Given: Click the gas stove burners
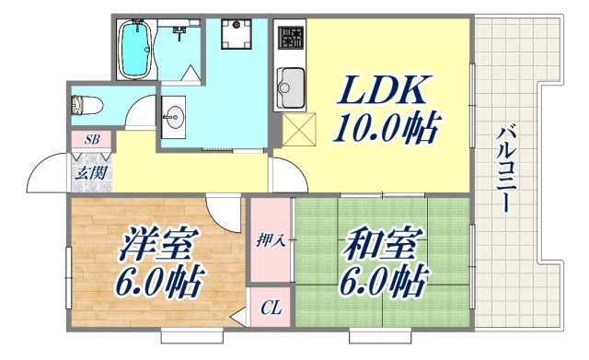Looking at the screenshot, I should tap(291, 39).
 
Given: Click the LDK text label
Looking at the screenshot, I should tap(386, 90).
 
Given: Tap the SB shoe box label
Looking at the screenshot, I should tap(91, 140).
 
